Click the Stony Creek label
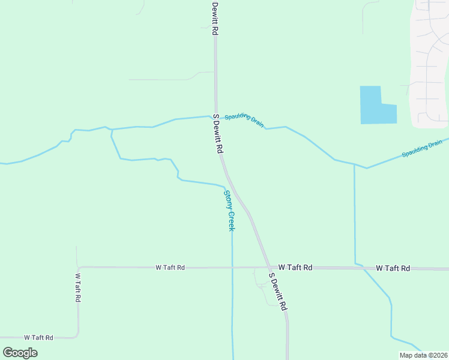point(229,211)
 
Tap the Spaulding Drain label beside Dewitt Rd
point(244,120)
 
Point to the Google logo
point(20,352)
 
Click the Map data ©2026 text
point(424,355)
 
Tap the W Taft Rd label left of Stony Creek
point(170,267)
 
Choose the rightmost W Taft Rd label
point(393,268)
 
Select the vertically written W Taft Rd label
point(78,287)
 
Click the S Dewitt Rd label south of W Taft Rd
point(279,292)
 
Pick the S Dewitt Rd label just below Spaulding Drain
point(217,134)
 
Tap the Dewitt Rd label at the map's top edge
point(214,18)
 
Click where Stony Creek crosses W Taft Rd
point(232,267)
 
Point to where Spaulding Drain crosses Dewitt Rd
point(216,116)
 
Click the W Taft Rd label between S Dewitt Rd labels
point(295,267)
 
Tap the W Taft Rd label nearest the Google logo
point(38,338)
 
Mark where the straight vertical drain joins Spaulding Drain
point(354,164)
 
